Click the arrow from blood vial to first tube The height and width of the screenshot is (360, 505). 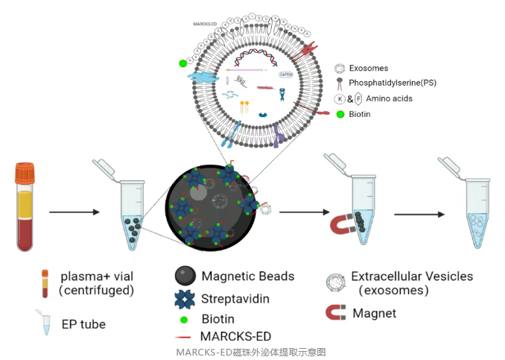pos(74,212)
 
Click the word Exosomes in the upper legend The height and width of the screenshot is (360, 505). pos(368,69)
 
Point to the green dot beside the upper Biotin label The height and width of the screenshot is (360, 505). pos(340,114)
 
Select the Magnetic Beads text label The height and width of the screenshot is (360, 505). pos(248,276)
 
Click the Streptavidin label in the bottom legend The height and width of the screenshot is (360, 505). pos(236,299)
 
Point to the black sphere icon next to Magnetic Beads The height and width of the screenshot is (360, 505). pos(185,277)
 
